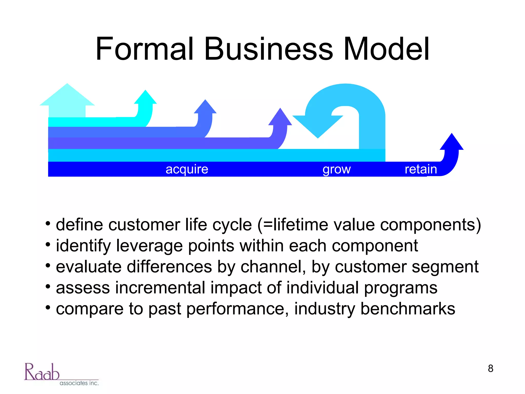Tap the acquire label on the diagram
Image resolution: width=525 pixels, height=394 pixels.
click(187, 169)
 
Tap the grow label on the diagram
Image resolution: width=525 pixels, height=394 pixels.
click(337, 169)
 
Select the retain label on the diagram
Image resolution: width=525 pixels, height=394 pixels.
click(421, 169)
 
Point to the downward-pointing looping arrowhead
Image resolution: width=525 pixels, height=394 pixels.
click(318, 126)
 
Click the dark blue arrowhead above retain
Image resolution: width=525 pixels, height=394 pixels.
click(452, 143)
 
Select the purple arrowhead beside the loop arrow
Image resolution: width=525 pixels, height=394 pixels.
click(280, 118)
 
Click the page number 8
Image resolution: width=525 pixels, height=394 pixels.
click(490, 369)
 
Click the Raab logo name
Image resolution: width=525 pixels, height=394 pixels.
click(42, 372)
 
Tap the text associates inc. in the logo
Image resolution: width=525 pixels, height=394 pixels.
click(79, 383)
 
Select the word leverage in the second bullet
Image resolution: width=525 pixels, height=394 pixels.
click(149, 246)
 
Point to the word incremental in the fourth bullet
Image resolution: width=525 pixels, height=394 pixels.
click(160, 288)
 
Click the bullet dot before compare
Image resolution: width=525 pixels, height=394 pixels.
click(48, 307)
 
